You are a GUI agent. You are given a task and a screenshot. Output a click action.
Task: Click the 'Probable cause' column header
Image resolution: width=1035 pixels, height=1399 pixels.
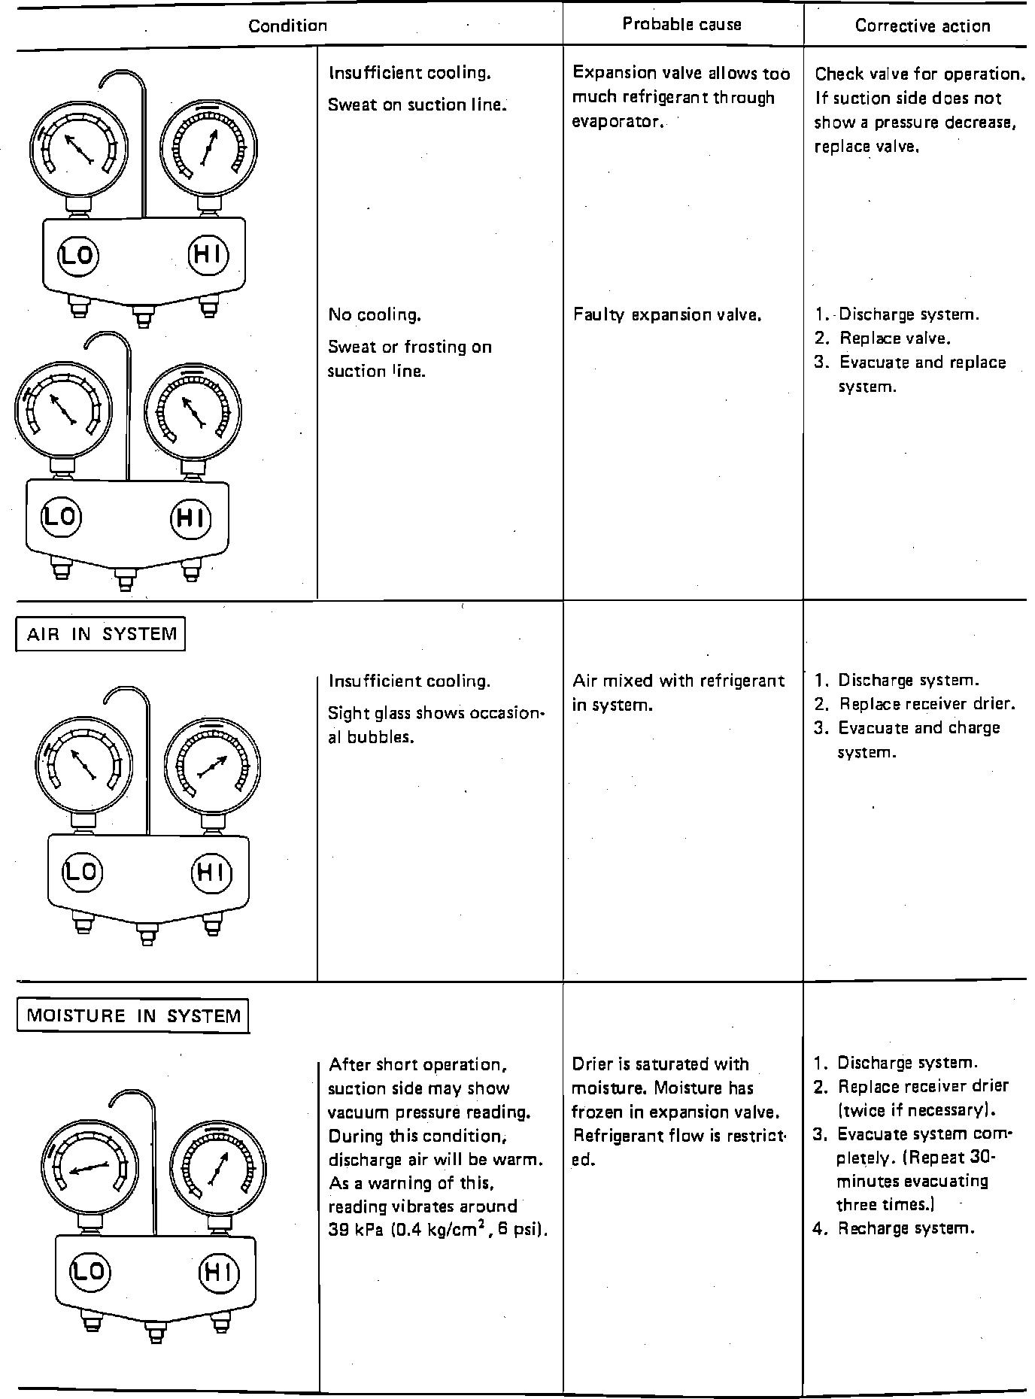(x=681, y=24)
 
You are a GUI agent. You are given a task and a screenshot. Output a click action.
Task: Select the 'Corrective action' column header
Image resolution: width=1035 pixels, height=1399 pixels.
(x=922, y=26)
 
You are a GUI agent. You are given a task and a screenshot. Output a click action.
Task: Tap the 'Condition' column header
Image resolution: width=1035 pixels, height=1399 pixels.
(x=288, y=26)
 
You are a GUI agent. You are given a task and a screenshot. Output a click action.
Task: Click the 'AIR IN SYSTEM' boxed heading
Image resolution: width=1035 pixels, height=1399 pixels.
(x=101, y=634)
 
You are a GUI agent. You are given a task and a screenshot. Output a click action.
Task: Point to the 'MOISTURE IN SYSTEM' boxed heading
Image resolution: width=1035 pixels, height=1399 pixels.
(x=133, y=1016)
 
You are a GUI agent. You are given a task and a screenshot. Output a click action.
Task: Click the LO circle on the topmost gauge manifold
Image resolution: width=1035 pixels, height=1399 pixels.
(x=77, y=256)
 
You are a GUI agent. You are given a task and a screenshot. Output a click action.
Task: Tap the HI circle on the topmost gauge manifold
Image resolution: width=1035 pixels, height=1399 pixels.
(x=207, y=256)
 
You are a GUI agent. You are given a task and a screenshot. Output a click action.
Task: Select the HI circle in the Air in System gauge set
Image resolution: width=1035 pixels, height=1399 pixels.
(x=211, y=872)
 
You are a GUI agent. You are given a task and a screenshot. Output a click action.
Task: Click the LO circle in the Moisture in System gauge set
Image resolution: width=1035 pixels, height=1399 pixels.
(x=90, y=1271)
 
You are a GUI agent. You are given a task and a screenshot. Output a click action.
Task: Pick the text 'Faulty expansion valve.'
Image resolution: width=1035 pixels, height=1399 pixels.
(x=668, y=315)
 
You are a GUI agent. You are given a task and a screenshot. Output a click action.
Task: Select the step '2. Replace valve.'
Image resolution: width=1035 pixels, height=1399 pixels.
(x=882, y=338)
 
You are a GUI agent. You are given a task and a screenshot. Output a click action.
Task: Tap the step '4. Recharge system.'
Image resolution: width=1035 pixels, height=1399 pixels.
(x=894, y=1228)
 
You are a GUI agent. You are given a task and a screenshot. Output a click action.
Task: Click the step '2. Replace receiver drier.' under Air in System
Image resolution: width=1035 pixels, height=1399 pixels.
(x=915, y=704)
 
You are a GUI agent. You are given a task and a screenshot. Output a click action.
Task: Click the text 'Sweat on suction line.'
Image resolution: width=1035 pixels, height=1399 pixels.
(x=417, y=105)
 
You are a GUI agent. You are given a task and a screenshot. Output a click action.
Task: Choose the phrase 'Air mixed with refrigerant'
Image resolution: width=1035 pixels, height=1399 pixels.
(x=678, y=681)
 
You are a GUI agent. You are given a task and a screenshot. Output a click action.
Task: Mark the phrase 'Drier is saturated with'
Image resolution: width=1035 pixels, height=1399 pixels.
(x=660, y=1064)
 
